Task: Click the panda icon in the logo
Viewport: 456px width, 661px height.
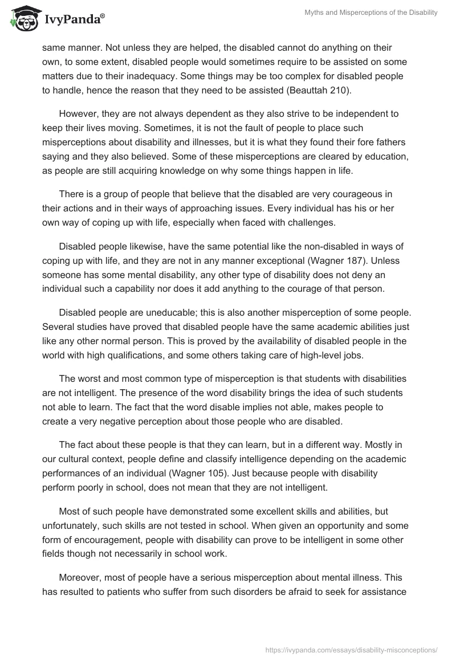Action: coord(23,19)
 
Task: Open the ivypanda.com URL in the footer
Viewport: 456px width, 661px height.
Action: coord(352,648)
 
